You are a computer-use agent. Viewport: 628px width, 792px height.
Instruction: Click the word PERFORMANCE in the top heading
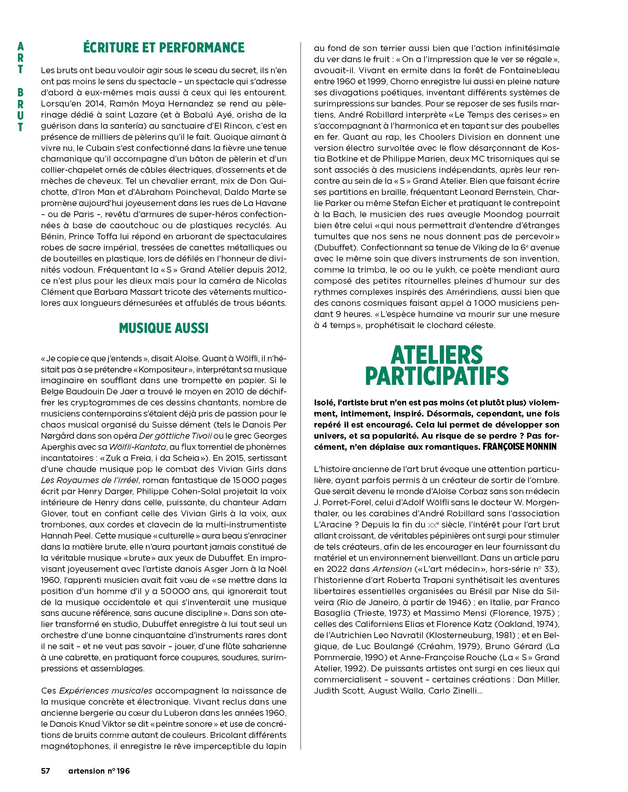coord(201,48)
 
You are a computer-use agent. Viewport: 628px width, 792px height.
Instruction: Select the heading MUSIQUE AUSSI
coord(164,328)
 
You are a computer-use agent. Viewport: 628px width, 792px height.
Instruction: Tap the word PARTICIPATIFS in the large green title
coord(437,376)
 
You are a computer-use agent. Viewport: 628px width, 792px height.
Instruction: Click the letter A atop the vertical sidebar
coord(20,47)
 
